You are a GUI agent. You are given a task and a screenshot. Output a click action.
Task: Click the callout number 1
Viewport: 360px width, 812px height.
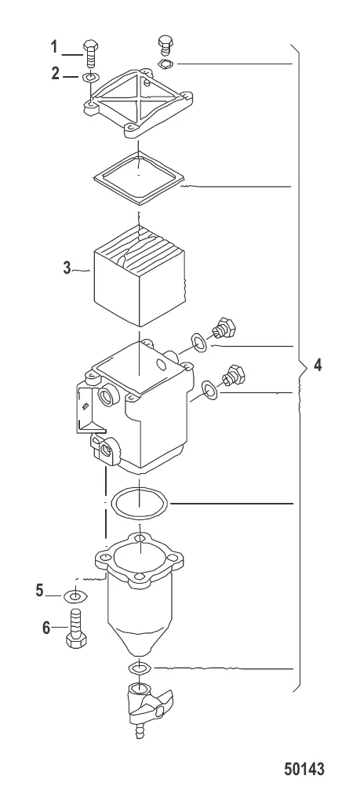point(54,47)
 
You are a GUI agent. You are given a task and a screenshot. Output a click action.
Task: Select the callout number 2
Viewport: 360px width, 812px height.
point(56,74)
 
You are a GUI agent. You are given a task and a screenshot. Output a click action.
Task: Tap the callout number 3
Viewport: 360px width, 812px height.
point(67,268)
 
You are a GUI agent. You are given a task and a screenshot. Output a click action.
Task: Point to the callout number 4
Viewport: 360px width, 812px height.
point(318,365)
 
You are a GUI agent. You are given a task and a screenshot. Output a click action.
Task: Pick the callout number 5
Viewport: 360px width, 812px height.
point(40,590)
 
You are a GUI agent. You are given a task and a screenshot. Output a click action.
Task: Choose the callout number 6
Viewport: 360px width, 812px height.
point(46,628)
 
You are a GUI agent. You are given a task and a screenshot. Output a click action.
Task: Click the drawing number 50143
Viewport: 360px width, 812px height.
point(304,769)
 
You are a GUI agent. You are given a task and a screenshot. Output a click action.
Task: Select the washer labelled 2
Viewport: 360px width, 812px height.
point(91,78)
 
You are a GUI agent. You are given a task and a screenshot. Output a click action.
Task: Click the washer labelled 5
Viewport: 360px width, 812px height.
point(75,596)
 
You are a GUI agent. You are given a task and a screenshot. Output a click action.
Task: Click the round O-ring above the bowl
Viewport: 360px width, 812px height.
point(140,502)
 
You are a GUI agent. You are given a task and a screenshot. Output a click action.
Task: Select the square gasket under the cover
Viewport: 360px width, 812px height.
point(140,176)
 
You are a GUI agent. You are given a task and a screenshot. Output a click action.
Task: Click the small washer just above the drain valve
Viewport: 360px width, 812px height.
point(140,668)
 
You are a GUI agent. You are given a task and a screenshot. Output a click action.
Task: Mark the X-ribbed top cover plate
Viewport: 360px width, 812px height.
point(138,103)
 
